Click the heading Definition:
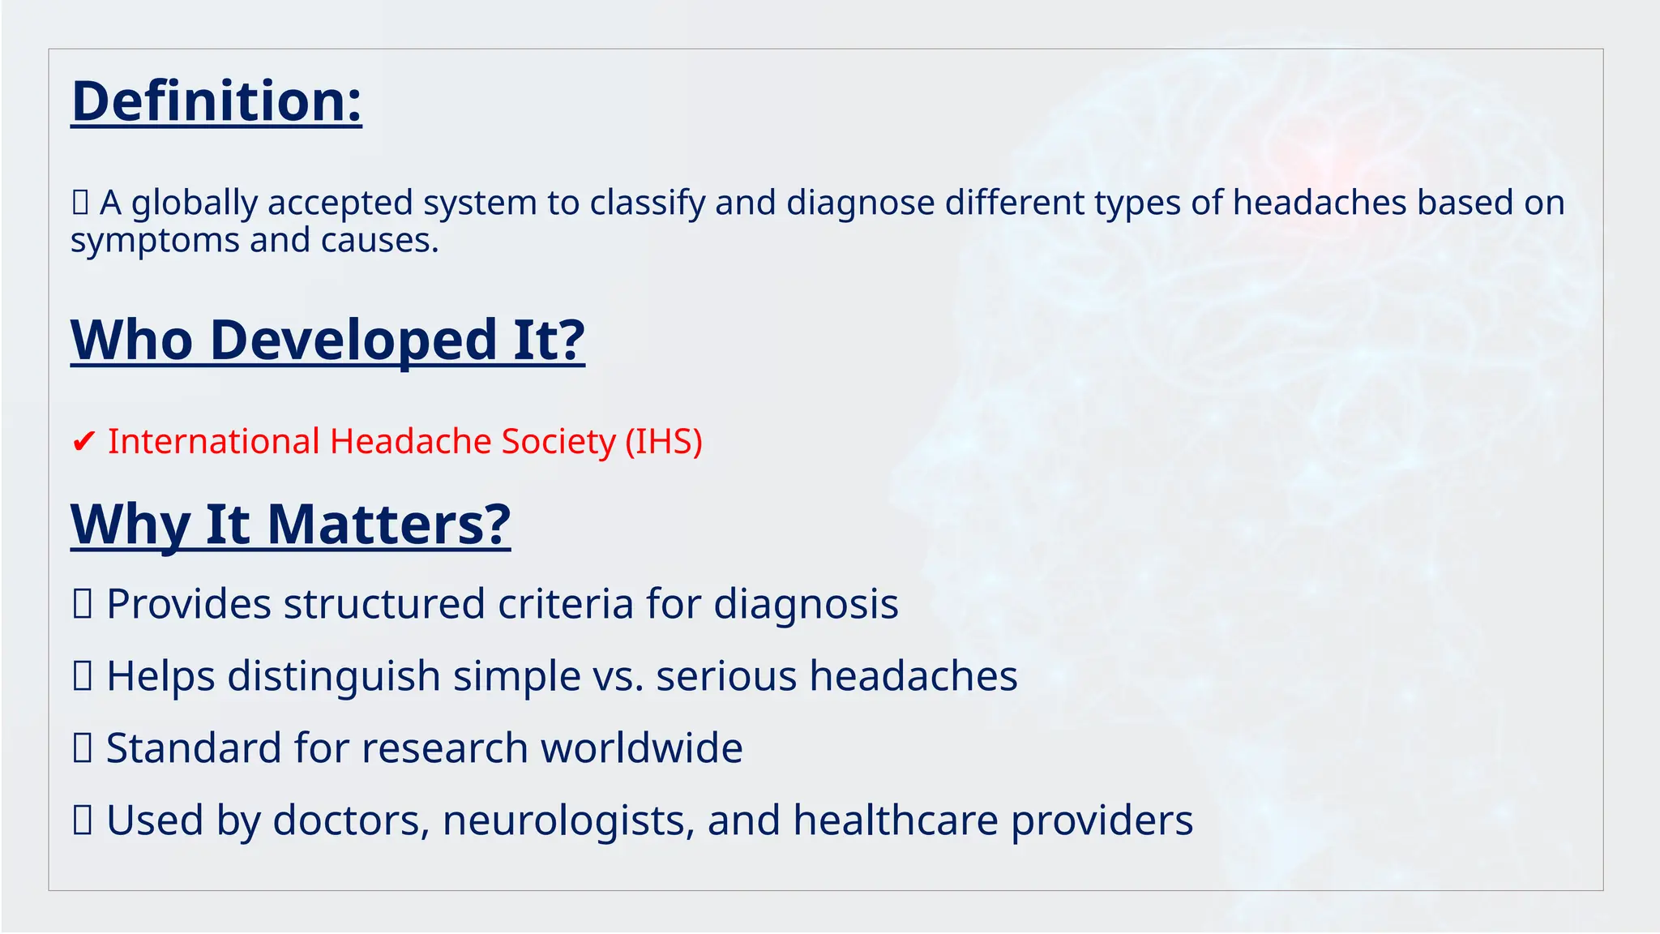[216, 101]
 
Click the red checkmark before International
[83, 443]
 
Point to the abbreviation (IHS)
[663, 442]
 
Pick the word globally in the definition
[194, 204]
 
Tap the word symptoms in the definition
[153, 241]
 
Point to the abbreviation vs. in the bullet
[618, 677]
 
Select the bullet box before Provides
[82, 604]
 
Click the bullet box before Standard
[82, 748]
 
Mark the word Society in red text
[558, 442]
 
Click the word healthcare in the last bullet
[895, 820]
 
